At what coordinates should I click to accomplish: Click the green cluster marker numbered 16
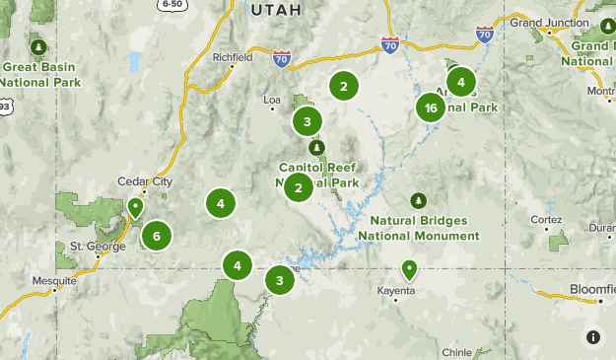click(x=430, y=108)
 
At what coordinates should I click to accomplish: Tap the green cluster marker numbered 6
click(x=156, y=236)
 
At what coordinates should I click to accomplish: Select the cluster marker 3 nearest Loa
click(x=308, y=122)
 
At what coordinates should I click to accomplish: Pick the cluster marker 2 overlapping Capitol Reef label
click(x=299, y=186)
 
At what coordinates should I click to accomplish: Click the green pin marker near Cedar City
click(x=135, y=207)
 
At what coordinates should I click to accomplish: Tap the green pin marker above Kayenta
click(x=409, y=268)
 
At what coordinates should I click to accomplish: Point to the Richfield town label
click(x=234, y=57)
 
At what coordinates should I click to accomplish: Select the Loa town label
click(x=273, y=100)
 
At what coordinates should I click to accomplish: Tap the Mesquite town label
click(x=53, y=281)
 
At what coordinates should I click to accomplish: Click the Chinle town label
click(x=457, y=351)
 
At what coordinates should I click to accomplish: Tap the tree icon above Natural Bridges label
click(x=419, y=200)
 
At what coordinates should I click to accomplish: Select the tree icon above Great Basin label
click(x=38, y=46)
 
